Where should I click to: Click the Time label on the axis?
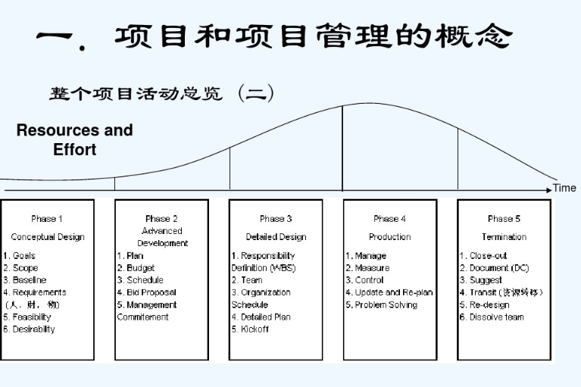564,188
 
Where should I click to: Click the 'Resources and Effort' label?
74,139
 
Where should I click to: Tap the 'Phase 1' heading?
47,219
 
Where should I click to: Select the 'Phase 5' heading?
504,219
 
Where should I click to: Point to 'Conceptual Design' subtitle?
47,237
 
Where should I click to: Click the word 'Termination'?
504,237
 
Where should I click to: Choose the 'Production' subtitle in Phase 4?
389,237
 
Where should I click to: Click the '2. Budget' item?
136,268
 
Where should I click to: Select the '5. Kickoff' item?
250,329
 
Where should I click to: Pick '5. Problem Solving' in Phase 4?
382,305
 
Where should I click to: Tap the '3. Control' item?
365,280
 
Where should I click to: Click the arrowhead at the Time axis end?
549,188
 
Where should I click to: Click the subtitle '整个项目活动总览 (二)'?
161,93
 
